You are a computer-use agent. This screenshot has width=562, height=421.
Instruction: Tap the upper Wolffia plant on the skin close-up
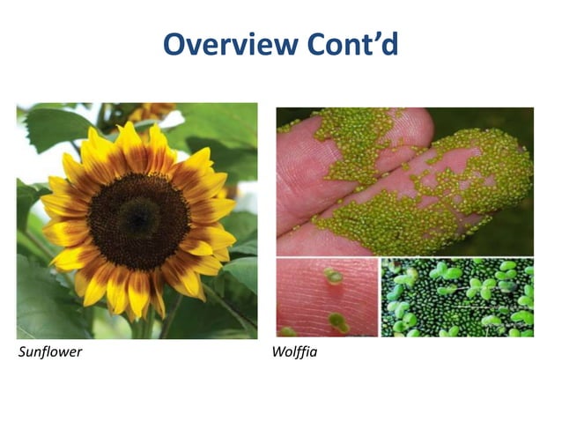pos(332,276)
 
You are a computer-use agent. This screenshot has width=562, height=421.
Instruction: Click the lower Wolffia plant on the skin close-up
pos(338,322)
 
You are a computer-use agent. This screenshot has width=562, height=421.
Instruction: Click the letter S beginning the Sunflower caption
pos(21,353)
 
